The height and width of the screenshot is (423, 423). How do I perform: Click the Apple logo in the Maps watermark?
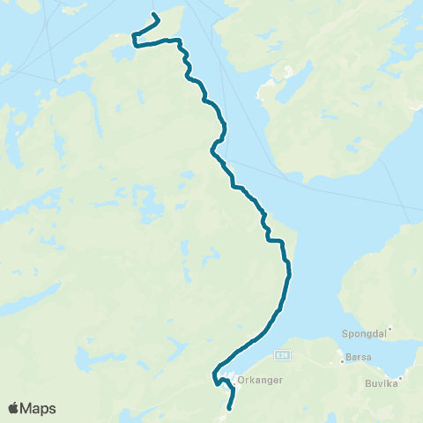click(x=14, y=408)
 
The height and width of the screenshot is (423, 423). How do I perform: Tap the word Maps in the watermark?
click(x=39, y=408)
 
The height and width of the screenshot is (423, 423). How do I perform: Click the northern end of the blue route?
click(x=154, y=15)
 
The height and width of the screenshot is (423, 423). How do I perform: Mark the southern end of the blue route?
click(x=230, y=408)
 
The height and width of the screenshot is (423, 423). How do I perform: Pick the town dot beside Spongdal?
click(x=389, y=330)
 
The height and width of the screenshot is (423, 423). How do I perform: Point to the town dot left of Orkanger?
click(x=233, y=381)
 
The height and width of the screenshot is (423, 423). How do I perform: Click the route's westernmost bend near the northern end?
click(x=134, y=37)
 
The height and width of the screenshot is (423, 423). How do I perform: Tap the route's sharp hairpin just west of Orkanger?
click(x=214, y=380)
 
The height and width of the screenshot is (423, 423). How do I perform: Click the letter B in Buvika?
click(x=368, y=384)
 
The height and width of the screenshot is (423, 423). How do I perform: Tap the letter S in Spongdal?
click(x=344, y=335)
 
